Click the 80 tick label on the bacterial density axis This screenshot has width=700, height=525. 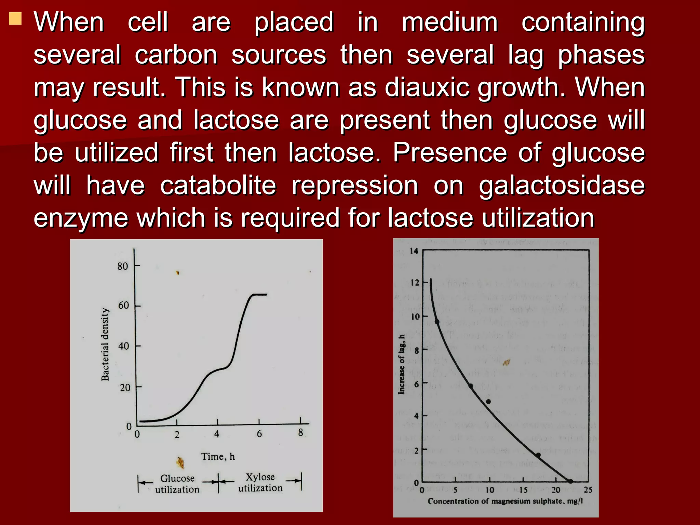point(123,266)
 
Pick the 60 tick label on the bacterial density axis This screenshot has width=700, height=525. point(123,305)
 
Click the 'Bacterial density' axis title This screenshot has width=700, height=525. point(105,344)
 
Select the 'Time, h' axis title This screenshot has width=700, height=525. point(218,457)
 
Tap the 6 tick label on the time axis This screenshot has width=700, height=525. point(259,434)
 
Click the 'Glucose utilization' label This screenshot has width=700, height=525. point(177,484)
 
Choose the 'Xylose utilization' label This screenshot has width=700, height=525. point(260,482)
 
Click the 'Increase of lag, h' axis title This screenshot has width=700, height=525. point(402,364)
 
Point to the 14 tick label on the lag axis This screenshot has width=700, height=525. point(414,251)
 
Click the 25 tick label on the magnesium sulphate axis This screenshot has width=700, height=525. point(588,490)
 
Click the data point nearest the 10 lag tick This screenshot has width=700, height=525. point(437,322)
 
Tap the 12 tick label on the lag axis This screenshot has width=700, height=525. point(415,283)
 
